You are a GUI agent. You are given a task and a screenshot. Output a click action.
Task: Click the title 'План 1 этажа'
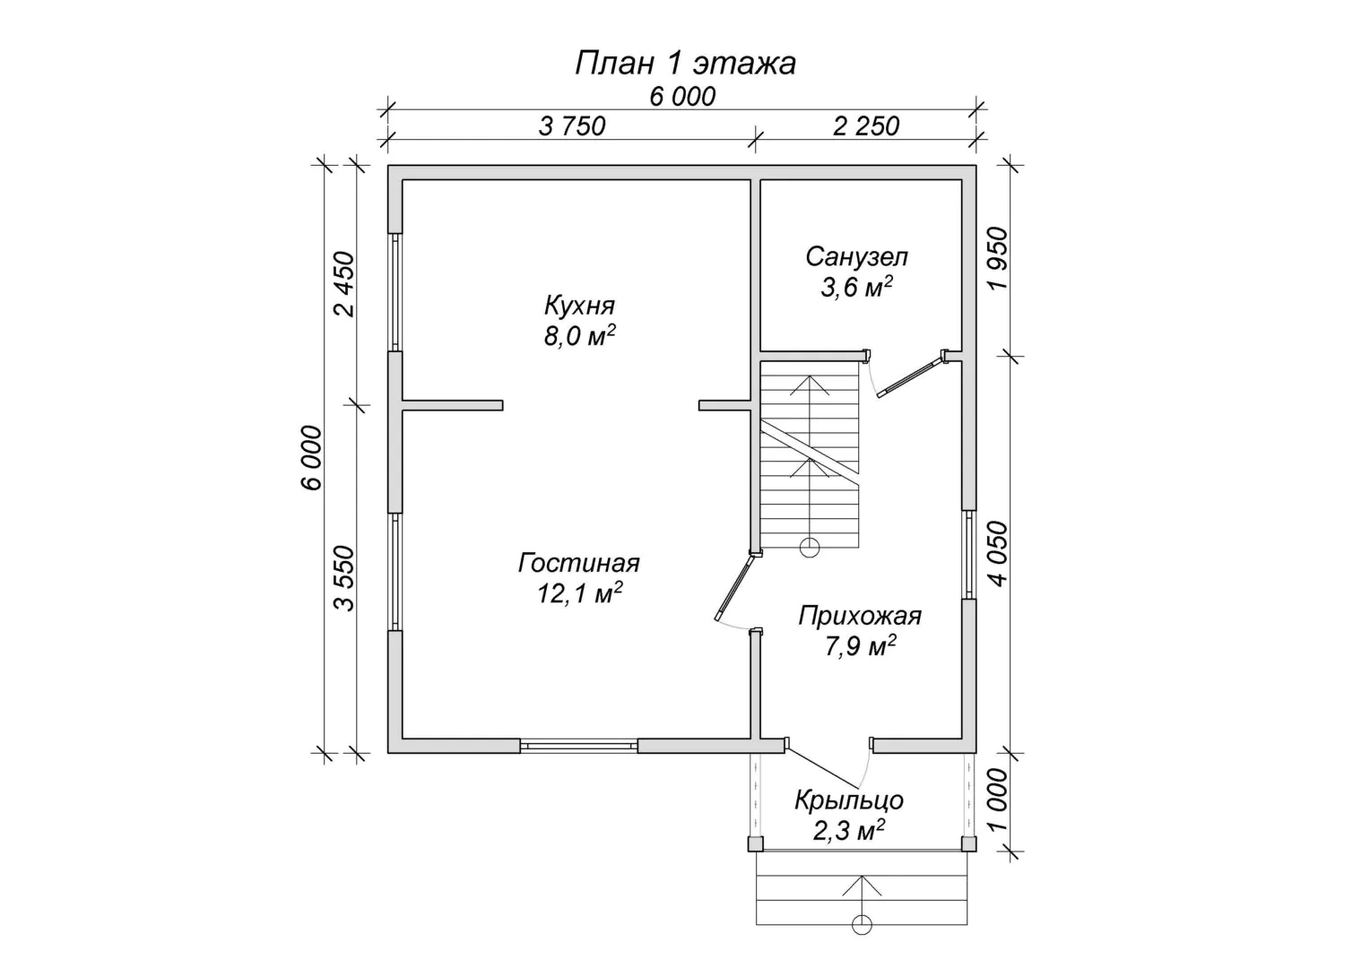pyautogui.click(x=685, y=63)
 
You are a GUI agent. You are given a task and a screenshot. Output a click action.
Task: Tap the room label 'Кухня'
pyautogui.click(x=579, y=305)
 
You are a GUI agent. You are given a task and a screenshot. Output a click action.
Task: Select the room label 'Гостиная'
pyautogui.click(x=578, y=563)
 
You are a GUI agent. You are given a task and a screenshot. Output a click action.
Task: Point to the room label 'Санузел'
pyautogui.click(x=856, y=257)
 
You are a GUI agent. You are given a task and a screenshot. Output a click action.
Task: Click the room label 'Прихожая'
pyautogui.click(x=859, y=616)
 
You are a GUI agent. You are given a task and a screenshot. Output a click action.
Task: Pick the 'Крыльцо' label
pyautogui.click(x=849, y=799)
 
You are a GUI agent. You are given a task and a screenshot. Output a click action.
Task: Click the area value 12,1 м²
pyautogui.click(x=580, y=592)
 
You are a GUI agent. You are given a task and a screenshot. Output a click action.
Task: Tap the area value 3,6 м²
pyautogui.click(x=856, y=287)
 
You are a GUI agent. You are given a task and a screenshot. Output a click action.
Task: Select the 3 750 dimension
pyautogui.click(x=572, y=126)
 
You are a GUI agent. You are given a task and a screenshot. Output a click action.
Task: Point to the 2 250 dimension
pyautogui.click(x=866, y=126)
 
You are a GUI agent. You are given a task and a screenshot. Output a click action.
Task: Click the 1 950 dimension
pyautogui.click(x=997, y=259)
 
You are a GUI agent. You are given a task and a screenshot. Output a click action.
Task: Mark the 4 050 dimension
pyautogui.click(x=997, y=554)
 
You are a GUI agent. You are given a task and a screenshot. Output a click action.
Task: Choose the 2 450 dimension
pyautogui.click(x=345, y=284)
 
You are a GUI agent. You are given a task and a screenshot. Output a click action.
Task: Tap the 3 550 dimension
pyautogui.click(x=345, y=578)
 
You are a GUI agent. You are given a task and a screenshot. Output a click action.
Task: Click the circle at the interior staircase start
pyautogui.click(x=810, y=548)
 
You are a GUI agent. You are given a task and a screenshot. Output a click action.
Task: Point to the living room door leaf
pyautogui.click(x=736, y=586)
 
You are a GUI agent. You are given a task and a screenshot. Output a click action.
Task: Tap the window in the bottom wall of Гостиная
pyautogui.click(x=578, y=746)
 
